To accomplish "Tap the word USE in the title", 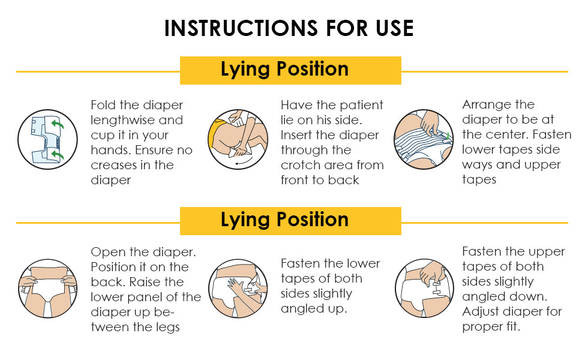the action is point(395,28).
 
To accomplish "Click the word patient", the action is point(361,106).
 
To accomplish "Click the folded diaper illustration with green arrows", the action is point(47,140).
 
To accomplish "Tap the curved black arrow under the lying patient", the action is point(244,161).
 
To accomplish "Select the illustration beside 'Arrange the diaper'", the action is point(424,140).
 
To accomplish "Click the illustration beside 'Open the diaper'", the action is point(47,289).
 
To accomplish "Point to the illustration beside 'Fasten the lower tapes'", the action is point(238,289).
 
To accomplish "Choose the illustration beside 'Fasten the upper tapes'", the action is point(424,289).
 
